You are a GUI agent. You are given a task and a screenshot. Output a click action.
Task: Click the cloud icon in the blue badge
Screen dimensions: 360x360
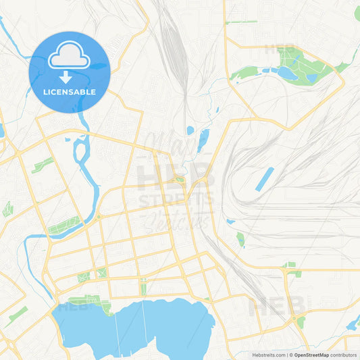[69, 57]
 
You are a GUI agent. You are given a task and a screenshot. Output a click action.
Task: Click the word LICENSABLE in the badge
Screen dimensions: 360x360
[69, 92]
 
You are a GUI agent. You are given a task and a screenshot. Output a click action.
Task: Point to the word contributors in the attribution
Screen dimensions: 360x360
[344, 355]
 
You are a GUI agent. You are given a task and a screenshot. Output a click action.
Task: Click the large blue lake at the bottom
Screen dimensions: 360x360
[135, 328]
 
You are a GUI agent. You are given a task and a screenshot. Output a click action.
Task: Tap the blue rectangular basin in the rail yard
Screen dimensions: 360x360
[264, 178]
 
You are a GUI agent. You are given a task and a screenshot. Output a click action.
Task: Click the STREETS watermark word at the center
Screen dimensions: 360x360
[176, 200]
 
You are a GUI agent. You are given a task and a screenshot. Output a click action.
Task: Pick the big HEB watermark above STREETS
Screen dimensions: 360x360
[176, 177]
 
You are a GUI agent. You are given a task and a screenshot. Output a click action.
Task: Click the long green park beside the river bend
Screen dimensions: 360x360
[64, 226]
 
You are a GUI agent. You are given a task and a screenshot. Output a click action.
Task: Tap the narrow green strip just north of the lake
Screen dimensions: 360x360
[143, 288]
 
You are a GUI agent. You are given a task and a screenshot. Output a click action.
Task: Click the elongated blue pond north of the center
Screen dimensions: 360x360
[203, 140]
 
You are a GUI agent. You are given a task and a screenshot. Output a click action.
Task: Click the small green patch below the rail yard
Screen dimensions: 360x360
[240, 238]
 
